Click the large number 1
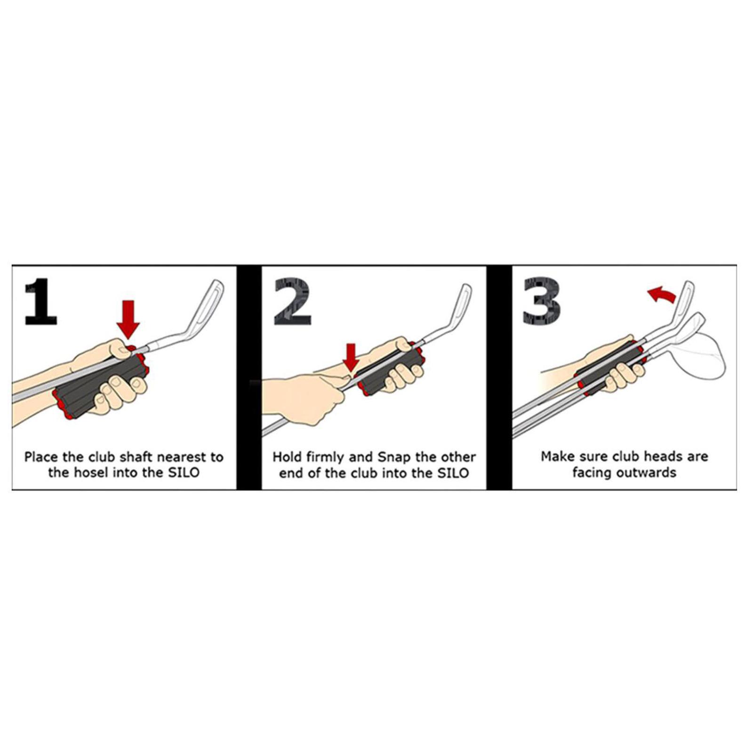click(x=41, y=302)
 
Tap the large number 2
click(x=292, y=302)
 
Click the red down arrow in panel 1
click(x=128, y=320)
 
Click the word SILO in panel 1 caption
click(x=184, y=473)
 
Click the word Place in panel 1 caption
click(x=41, y=457)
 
